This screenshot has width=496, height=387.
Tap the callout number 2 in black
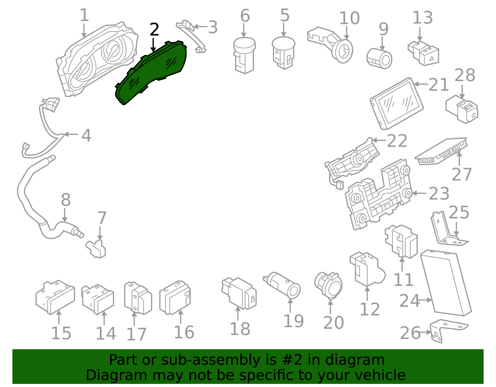[x=154, y=30]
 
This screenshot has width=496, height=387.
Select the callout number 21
[x=439, y=85]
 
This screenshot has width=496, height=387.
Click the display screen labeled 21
[x=397, y=104]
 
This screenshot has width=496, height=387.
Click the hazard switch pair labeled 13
[x=423, y=52]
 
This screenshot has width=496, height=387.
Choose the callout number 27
[x=462, y=174]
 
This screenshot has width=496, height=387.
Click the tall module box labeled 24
[x=446, y=284]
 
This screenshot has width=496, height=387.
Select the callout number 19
[x=294, y=321]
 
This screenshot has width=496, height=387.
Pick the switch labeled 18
[x=239, y=293]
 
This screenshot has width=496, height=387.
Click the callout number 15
[x=61, y=333]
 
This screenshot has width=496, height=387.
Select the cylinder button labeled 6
[x=244, y=56]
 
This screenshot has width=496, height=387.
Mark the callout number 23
[x=439, y=194]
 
